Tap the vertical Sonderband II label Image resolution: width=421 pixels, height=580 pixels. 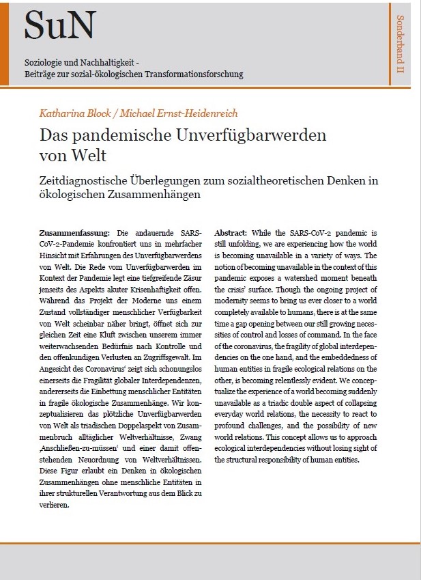401,44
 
